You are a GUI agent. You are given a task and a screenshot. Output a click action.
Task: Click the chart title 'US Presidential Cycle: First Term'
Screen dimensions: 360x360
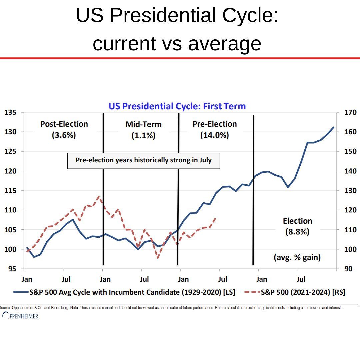177,106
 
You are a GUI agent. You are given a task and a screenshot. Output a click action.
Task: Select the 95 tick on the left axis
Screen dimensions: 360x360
12,269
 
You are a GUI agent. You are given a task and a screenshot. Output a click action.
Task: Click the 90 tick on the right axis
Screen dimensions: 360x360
349,269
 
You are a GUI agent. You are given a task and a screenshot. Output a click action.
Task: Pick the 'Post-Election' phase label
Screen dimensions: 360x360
64,124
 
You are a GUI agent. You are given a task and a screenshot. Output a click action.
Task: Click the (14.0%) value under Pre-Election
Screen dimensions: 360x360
214,135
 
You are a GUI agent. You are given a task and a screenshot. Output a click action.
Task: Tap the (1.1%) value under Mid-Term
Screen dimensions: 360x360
143,136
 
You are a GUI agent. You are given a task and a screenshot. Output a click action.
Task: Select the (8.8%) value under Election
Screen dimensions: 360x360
297,232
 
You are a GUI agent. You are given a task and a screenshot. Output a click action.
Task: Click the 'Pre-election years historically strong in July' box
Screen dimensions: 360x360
144,160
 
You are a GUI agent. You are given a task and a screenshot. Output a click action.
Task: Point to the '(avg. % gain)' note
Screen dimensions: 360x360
297,257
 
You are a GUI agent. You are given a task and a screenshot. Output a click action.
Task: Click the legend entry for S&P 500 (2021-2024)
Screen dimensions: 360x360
294,292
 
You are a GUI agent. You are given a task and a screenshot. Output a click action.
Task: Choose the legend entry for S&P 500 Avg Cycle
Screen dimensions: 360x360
124,292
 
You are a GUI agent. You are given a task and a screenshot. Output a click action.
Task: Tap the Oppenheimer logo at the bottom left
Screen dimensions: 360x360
20,316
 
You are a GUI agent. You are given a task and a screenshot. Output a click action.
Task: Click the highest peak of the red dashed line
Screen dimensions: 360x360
99,196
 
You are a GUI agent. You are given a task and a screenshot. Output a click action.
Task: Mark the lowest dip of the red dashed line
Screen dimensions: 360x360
158,258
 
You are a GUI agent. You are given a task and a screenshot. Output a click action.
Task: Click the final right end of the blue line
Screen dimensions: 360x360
333,127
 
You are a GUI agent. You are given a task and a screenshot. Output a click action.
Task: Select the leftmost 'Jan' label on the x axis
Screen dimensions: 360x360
27,279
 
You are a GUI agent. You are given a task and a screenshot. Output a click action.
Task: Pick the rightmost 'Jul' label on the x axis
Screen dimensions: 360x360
301,279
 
